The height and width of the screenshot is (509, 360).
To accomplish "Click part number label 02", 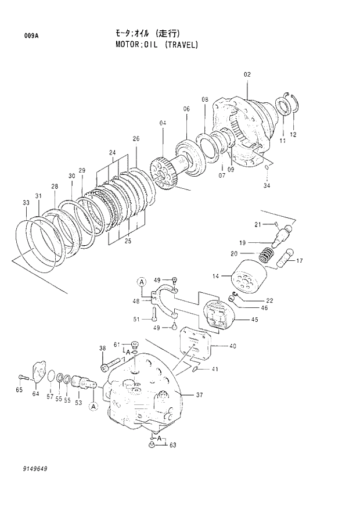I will point(247,74).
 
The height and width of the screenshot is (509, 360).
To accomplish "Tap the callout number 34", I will point(267,185).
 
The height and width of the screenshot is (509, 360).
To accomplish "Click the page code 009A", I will point(31,35).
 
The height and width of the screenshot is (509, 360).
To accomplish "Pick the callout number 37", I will point(199,395).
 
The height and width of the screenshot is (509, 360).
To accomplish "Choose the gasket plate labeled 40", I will point(196,346).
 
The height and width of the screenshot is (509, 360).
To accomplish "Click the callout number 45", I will point(254,319).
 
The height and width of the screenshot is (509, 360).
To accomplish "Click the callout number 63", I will point(172,445).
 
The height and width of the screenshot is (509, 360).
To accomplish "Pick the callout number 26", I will point(136,139).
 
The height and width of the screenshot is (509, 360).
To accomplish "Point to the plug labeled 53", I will point(81,385).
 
